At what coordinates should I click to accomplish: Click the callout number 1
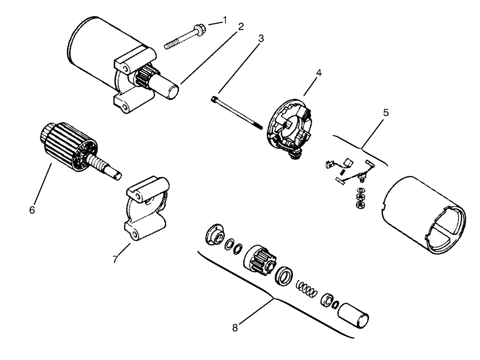(224, 20)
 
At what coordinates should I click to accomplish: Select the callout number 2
(241, 27)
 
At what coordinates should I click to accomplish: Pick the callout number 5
(385, 112)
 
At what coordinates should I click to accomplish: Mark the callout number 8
(235, 328)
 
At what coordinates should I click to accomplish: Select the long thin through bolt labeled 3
(237, 112)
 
